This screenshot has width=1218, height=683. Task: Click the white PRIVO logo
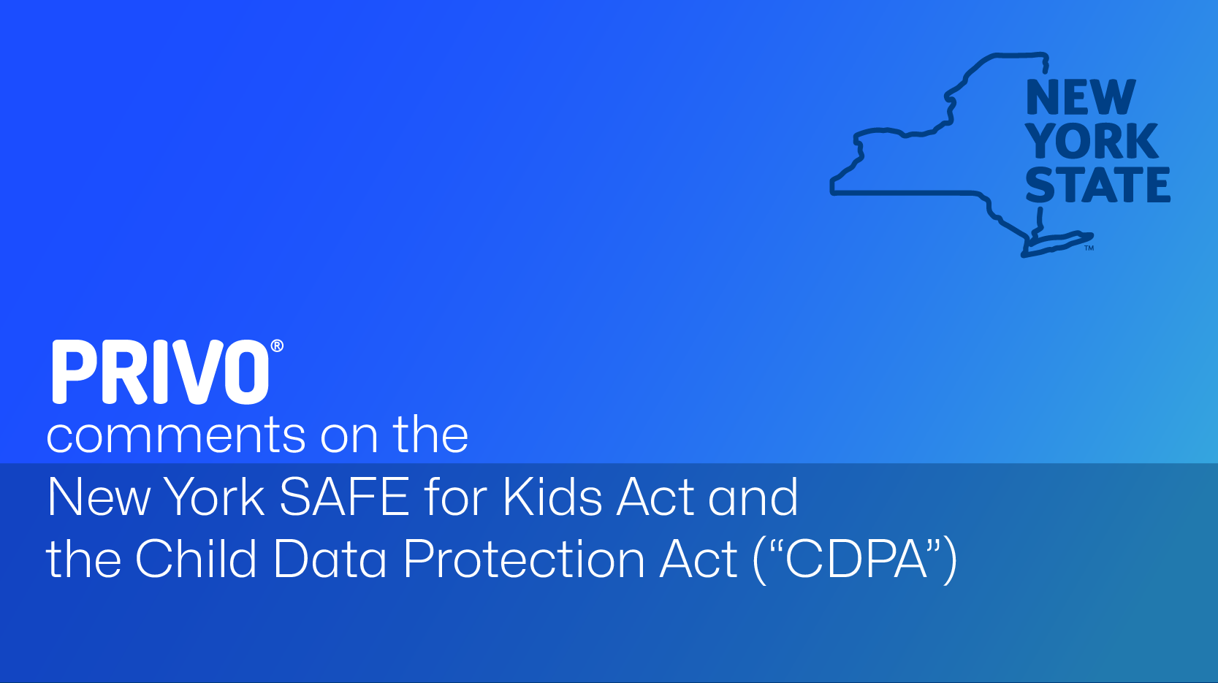point(161,372)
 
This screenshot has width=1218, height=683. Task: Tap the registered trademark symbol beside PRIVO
point(277,346)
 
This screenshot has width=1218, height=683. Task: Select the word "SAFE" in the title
point(344,497)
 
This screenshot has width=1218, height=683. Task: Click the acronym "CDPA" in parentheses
point(856,559)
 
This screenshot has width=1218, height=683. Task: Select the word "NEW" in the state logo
point(1081,97)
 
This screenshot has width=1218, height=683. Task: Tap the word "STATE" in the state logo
point(1098,185)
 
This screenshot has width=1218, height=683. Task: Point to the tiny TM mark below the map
point(1089,248)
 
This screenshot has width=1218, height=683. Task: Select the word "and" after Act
point(753,497)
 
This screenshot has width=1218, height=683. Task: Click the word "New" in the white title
point(98,497)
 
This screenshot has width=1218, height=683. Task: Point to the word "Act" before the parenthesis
point(699,559)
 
